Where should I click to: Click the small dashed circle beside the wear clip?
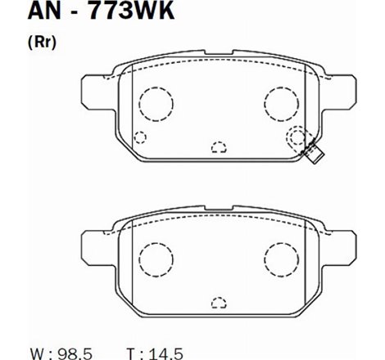coord(295,137)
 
